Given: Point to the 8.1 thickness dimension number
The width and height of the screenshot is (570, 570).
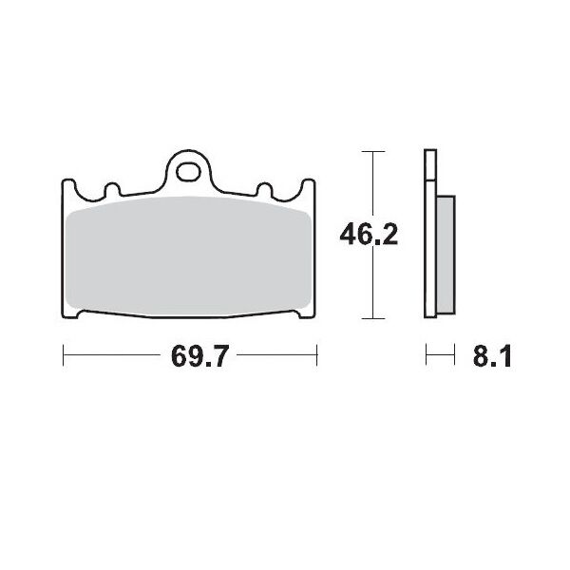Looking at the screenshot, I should [x=492, y=358].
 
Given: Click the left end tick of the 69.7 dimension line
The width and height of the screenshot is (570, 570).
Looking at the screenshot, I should [x=63, y=357].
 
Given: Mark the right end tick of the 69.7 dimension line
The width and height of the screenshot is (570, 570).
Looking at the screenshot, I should [x=317, y=357].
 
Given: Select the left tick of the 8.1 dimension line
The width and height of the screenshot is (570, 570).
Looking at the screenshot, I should [x=427, y=357].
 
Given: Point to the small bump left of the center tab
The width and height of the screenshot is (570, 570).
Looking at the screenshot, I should [x=110, y=189].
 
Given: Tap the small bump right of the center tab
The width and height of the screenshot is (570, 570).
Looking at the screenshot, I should [x=270, y=189].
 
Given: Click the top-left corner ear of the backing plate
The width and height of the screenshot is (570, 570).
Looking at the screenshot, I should [x=69, y=186].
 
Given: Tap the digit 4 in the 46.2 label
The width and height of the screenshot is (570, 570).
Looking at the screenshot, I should [x=350, y=233].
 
